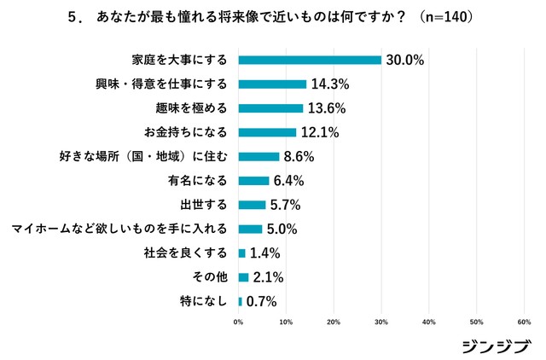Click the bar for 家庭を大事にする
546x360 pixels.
(x=310, y=60)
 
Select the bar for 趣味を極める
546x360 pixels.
(x=270, y=108)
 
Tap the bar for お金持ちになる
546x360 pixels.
(x=267, y=132)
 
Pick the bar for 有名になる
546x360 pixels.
(x=253, y=181)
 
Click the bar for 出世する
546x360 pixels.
(x=252, y=205)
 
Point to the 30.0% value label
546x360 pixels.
(x=404, y=60)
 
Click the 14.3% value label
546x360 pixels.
(x=329, y=84)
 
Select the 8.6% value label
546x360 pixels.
(x=299, y=157)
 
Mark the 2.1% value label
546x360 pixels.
(x=267, y=277)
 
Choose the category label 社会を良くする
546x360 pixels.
(x=191, y=253)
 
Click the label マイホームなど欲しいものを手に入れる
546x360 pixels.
(x=119, y=229)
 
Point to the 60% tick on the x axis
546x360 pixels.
(x=525, y=322)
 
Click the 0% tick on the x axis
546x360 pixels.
(x=238, y=322)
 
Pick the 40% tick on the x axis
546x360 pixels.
(x=429, y=322)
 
